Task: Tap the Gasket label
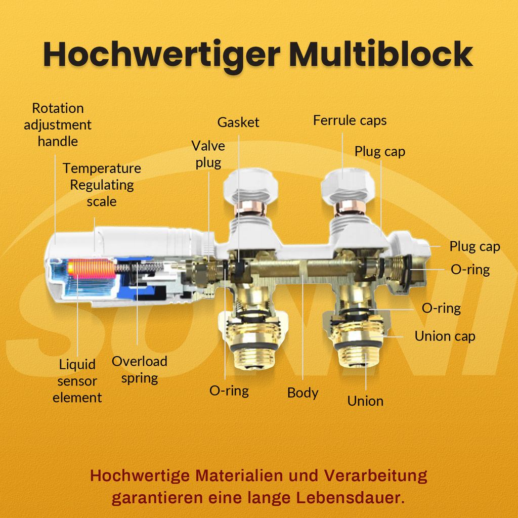click(x=238, y=122)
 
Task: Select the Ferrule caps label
click(x=350, y=120)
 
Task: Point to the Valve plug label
click(x=208, y=154)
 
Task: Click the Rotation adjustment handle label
click(x=58, y=124)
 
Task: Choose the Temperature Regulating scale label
click(x=102, y=185)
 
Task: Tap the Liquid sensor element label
click(x=77, y=381)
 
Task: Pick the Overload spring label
click(x=139, y=369)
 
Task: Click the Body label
click(x=303, y=393)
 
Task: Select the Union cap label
click(x=445, y=336)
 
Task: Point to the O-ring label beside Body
click(x=229, y=391)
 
